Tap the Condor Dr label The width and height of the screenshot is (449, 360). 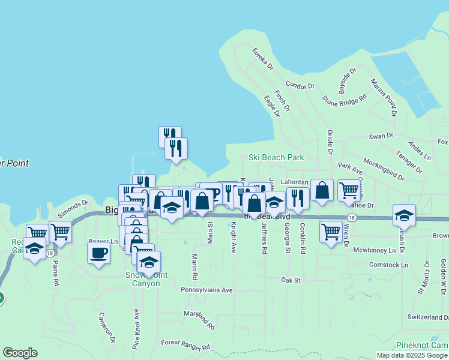coord(300,86)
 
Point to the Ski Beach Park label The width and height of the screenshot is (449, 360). coord(276,157)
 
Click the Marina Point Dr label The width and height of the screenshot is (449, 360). coord(383,97)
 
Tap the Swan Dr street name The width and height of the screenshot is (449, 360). coord(381,136)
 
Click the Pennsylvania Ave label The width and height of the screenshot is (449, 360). coord(206,290)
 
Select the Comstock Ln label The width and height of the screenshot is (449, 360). coord(388,265)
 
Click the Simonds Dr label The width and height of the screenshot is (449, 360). coord(73,209)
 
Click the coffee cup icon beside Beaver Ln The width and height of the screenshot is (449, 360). coord(99,252)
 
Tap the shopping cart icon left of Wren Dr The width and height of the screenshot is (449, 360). coord(331,230)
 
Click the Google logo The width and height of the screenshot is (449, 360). coord(20,353)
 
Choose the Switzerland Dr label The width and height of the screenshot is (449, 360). coord(427,317)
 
